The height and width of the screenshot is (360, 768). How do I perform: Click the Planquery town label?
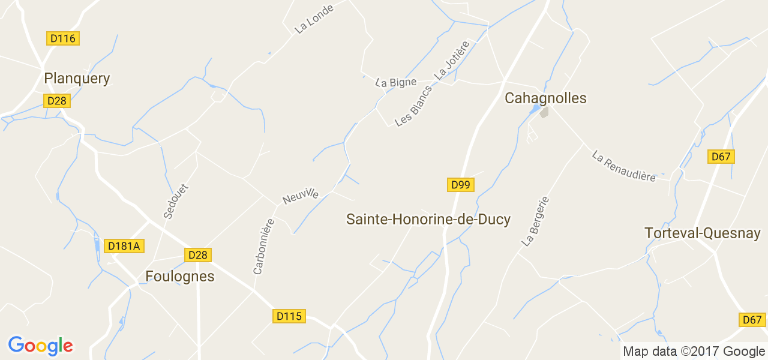(77, 79)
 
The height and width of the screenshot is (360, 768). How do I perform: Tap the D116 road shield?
(63, 38)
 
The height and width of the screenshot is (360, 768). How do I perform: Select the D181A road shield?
(125, 246)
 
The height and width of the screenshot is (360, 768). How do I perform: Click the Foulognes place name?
(180, 276)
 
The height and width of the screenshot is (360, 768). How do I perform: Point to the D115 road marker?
(289, 316)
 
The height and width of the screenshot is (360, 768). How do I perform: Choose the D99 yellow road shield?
(461, 185)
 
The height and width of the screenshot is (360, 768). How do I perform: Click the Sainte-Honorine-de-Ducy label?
(428, 220)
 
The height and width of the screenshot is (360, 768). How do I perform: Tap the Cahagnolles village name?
(545, 98)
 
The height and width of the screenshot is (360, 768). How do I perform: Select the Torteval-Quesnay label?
(703, 233)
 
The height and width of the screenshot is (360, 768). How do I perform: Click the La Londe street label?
(313, 17)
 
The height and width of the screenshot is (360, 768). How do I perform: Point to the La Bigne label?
(396, 82)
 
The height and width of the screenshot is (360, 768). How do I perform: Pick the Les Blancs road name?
(413, 106)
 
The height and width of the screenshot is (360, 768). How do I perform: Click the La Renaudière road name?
(624, 166)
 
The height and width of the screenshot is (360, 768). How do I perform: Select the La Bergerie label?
(536, 220)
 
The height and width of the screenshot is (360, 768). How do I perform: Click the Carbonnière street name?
(263, 247)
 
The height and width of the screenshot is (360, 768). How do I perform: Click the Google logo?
(40, 346)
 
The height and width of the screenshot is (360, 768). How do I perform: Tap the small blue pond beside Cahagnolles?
(534, 109)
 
